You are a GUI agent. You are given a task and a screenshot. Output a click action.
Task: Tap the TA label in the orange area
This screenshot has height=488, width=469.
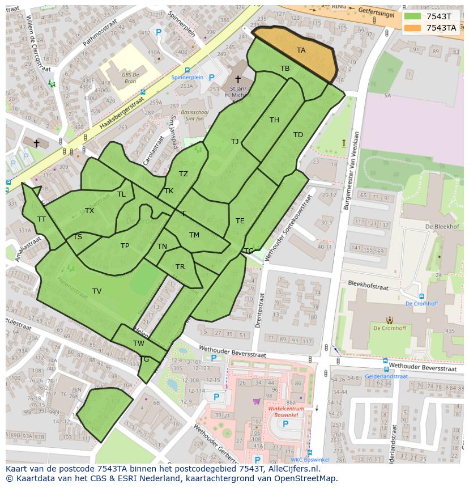[x=301, y=50]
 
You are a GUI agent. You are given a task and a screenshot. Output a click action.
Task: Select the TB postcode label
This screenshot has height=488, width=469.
[x=285, y=69]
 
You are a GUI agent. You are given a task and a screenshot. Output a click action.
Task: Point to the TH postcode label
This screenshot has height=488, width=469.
[x=274, y=120]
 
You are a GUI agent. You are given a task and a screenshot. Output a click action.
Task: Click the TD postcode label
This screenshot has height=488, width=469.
[x=298, y=134]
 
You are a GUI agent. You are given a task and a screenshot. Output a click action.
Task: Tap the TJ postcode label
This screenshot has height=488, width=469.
[x=234, y=141]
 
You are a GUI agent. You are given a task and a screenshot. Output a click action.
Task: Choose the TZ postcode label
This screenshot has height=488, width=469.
[x=184, y=174]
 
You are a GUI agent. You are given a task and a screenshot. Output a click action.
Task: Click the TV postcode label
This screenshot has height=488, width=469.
[x=97, y=291]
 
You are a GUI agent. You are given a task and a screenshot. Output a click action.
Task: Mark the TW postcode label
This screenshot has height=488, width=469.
[x=139, y=343]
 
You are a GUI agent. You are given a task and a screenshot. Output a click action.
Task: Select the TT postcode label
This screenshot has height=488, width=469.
[x=41, y=219]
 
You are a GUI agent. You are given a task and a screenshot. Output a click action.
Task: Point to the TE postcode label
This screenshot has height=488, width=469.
[x=240, y=221]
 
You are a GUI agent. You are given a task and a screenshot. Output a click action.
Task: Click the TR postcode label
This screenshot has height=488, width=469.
[x=180, y=267]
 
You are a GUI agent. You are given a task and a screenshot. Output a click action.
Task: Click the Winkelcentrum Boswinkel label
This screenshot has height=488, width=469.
[x=286, y=412]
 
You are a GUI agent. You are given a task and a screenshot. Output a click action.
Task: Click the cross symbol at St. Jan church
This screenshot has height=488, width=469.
[x=237, y=79]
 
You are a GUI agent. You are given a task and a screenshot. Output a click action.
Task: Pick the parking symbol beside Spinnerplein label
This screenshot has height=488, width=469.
[x=211, y=78]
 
